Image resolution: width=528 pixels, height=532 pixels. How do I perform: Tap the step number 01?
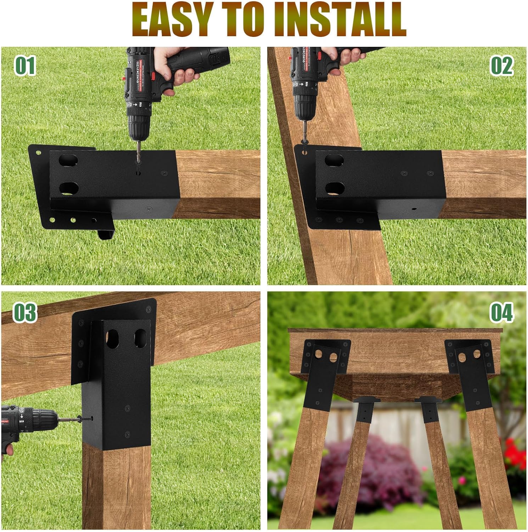point(25,66)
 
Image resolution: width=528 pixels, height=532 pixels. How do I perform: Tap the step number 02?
point(502,66)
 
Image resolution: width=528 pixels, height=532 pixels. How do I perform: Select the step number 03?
point(25,312)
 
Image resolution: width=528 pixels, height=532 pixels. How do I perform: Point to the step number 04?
point(502,312)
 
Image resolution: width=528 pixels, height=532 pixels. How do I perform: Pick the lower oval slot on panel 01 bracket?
point(69,188)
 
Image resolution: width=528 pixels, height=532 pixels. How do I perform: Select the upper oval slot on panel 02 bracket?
point(334,160)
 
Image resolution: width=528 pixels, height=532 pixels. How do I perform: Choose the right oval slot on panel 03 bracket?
point(140,338)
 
